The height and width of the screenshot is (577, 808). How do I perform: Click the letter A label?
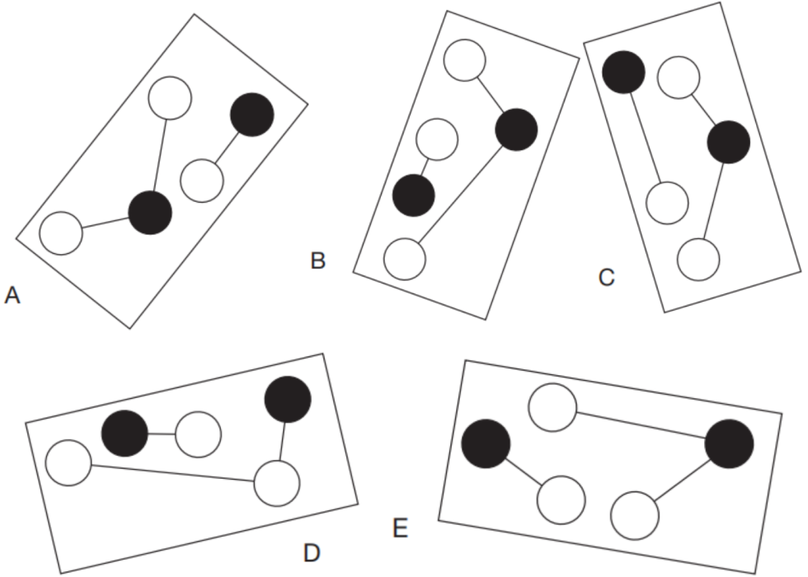point(12,296)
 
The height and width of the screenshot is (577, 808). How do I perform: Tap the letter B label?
point(318,260)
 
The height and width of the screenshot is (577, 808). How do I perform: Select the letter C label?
point(607,277)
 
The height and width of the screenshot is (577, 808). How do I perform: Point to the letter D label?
point(312,553)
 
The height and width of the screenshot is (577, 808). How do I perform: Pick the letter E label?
point(401,528)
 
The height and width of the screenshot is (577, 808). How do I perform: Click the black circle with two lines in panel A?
point(150,213)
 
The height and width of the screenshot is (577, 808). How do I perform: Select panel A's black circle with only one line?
point(252,115)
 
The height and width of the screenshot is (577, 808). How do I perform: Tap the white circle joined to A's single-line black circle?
point(202,181)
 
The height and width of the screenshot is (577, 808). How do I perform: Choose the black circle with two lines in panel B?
point(516,130)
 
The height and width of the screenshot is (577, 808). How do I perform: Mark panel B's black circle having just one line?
point(414,196)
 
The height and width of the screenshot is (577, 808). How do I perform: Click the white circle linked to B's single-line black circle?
point(437,139)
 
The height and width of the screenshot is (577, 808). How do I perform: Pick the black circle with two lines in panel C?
point(729,142)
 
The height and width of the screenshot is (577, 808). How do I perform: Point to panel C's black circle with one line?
point(623,73)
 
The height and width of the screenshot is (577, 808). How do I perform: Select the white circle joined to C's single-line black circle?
point(667,203)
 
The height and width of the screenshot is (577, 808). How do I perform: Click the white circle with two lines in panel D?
point(277,484)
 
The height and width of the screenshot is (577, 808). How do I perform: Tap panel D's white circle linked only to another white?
point(68,462)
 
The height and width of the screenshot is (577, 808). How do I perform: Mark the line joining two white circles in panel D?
point(172,473)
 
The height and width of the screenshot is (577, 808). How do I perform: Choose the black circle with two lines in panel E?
point(729,444)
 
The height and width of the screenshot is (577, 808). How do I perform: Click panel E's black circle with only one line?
point(486,443)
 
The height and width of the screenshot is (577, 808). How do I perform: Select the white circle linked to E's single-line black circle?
point(561,500)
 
